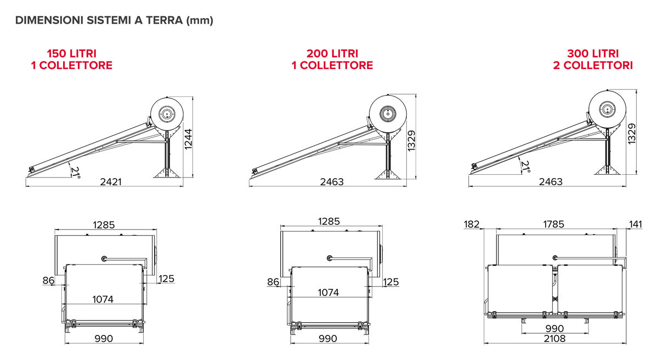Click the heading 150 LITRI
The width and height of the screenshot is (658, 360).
(72, 54)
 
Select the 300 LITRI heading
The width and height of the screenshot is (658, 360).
(593, 54)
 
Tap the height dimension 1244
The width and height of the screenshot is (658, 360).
(188, 139)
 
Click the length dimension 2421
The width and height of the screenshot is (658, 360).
(111, 182)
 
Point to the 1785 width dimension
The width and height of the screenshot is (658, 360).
(553, 224)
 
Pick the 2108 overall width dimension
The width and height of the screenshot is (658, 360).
(554, 339)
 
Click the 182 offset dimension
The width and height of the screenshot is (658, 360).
(472, 224)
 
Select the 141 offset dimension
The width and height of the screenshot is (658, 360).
(636, 224)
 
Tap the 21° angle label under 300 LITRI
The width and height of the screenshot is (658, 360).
(525, 167)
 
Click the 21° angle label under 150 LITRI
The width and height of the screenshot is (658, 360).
(76, 173)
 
